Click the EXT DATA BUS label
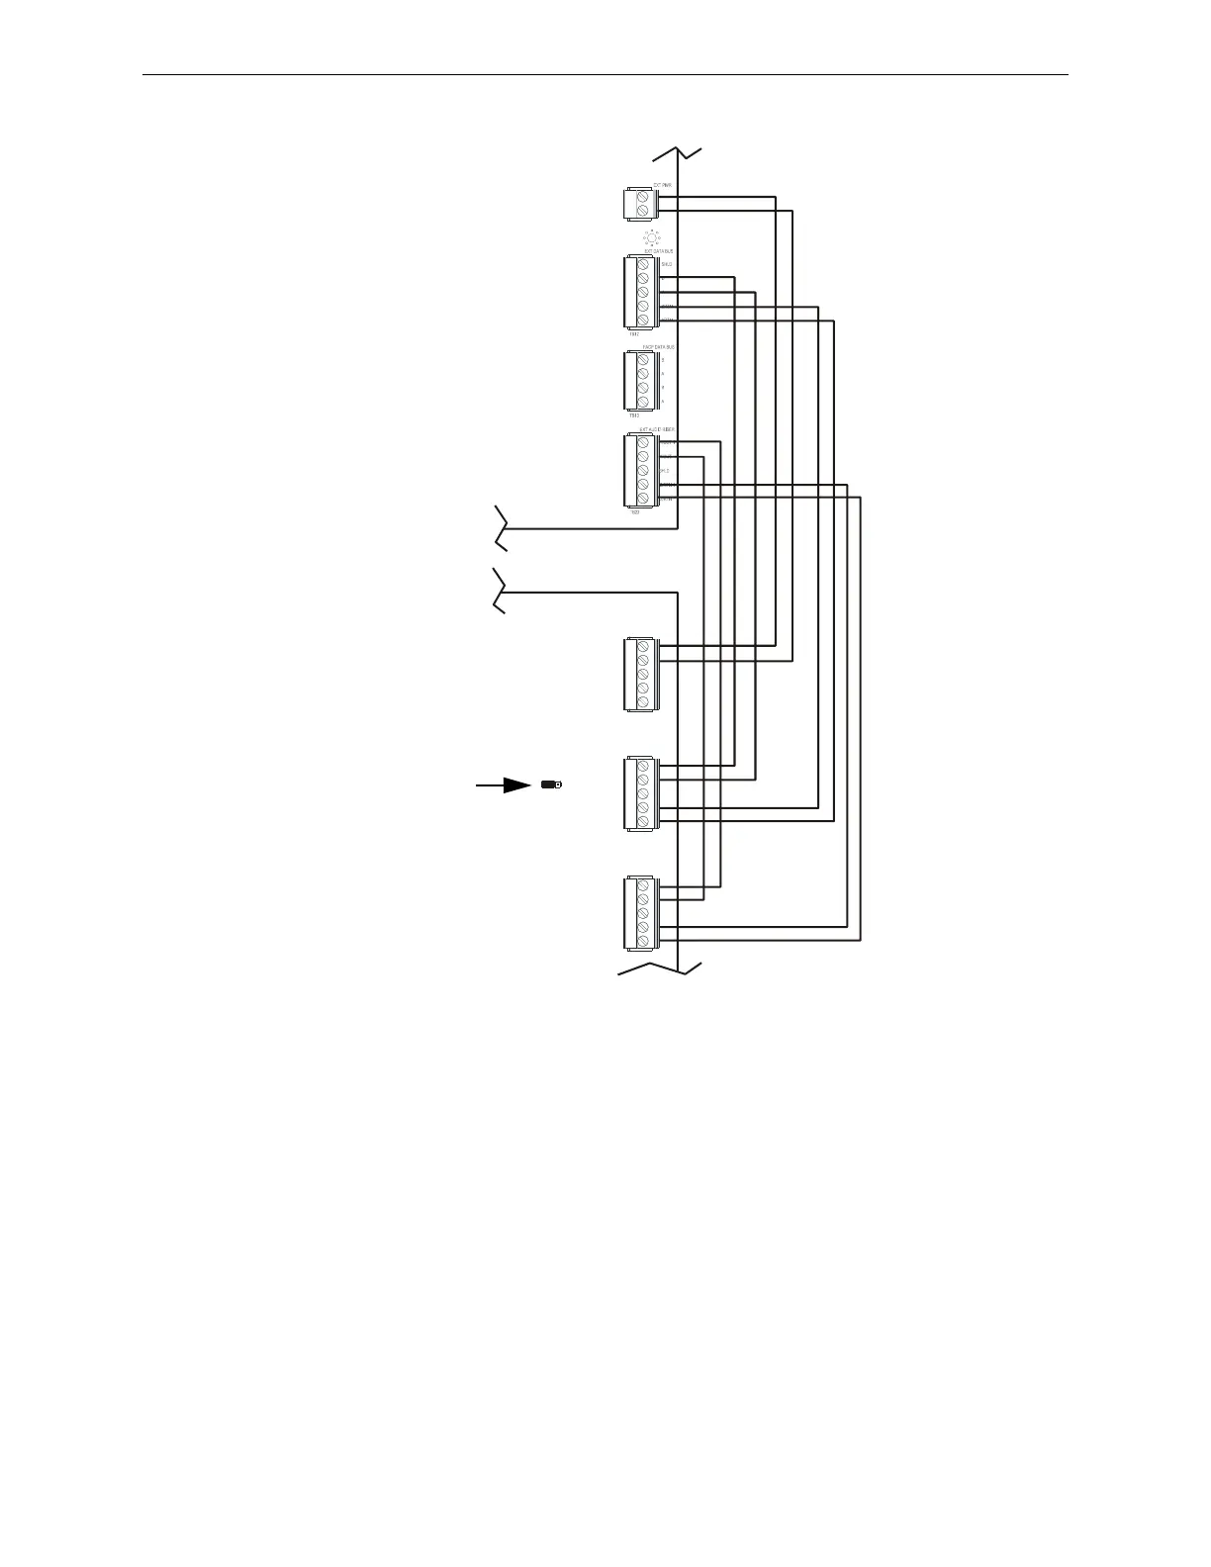click(659, 252)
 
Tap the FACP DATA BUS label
click(659, 347)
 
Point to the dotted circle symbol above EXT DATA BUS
click(651, 238)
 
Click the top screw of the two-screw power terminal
click(643, 198)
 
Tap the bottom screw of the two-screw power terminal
click(643, 211)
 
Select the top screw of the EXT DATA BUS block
click(643, 265)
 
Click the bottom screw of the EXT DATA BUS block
click(643, 320)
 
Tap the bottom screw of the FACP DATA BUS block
click(643, 402)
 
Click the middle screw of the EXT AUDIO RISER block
click(643, 471)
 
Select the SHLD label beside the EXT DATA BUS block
click(667, 265)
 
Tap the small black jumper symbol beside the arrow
click(551, 784)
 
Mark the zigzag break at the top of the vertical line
click(677, 152)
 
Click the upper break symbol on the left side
click(501, 527)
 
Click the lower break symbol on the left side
click(501, 592)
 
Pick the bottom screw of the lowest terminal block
click(643, 941)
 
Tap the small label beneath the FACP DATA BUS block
click(634, 415)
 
